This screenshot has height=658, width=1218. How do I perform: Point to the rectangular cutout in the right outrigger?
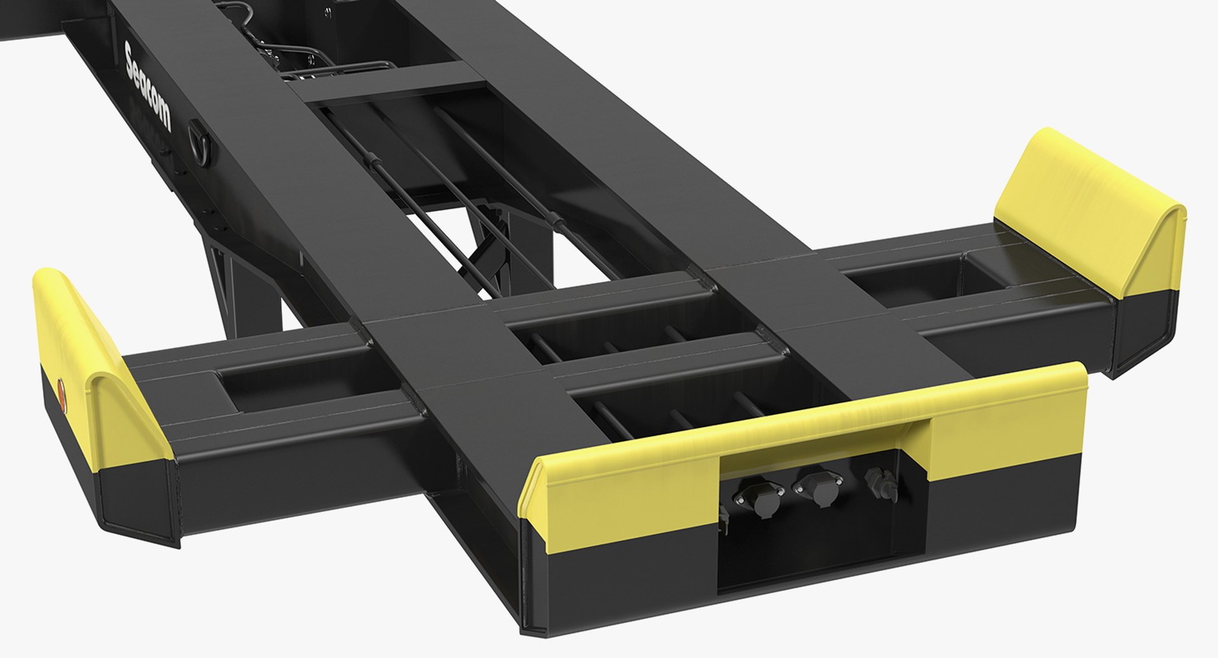pos(901,274)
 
